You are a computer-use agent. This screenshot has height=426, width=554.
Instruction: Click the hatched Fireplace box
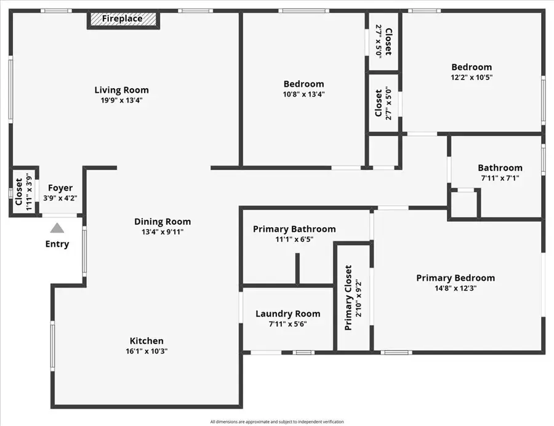click(122, 19)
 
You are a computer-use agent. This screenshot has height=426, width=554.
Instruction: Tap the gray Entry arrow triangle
click(57, 228)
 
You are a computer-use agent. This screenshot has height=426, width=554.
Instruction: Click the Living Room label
click(121, 90)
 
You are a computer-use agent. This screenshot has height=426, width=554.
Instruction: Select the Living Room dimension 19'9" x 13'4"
click(121, 100)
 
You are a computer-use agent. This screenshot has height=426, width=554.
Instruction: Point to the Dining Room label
click(163, 222)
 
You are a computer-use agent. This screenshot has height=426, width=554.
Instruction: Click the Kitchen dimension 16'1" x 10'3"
click(147, 351)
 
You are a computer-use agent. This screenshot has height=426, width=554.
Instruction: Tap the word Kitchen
click(147, 340)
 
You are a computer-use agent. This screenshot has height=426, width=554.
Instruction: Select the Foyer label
click(60, 188)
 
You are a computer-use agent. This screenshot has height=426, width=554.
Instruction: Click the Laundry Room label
click(287, 313)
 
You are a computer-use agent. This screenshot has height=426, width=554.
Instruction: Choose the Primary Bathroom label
click(294, 229)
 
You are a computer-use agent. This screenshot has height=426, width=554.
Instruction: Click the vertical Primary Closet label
click(348, 297)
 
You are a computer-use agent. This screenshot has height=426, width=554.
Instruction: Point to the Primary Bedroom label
click(455, 278)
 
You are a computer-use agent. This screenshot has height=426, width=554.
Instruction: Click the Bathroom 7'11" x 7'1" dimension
click(500, 178)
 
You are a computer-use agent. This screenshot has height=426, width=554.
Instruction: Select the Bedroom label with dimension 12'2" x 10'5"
click(472, 67)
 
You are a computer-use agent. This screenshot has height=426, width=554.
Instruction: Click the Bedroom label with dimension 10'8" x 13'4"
click(303, 84)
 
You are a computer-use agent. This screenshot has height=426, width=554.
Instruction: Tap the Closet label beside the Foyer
click(19, 191)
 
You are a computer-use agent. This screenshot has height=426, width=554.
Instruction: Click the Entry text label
click(57, 244)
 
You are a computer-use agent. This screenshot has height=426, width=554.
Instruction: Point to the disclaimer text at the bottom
click(276, 422)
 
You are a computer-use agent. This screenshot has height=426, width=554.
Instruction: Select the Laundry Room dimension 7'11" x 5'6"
click(287, 324)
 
